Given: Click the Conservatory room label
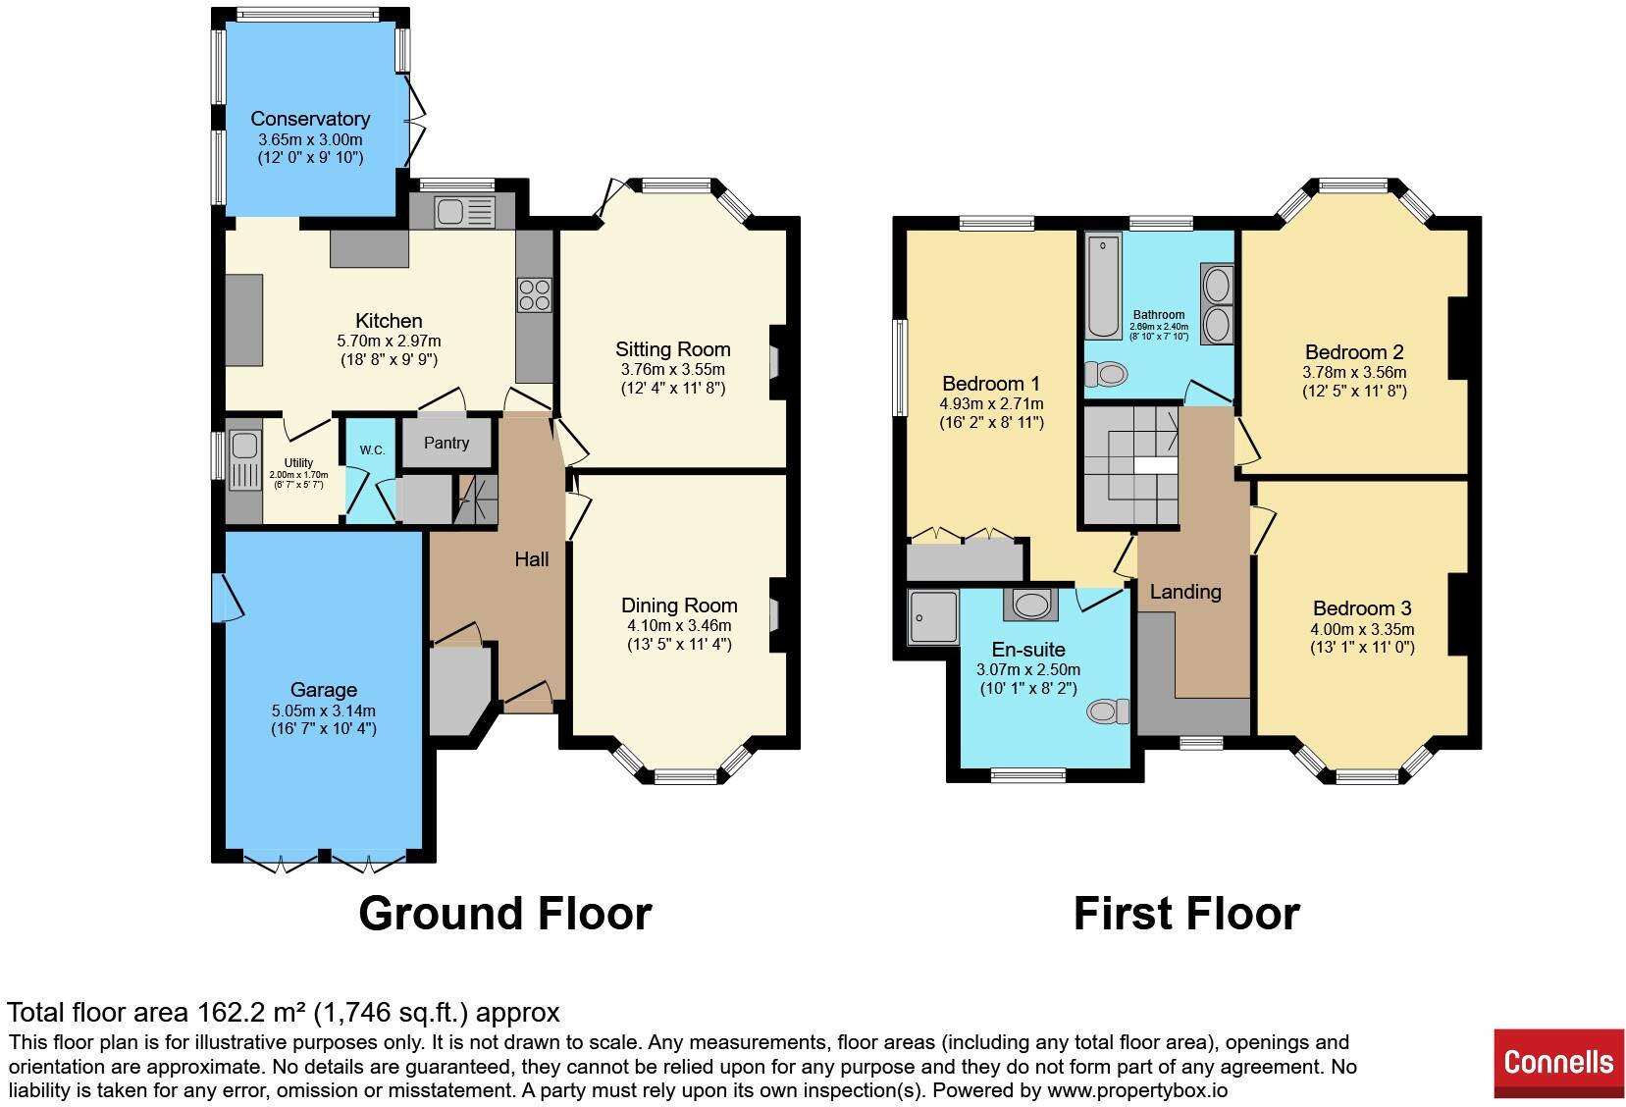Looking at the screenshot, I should tap(309, 119).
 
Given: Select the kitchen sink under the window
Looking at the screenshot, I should tap(452, 211).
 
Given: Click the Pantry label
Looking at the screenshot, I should tap(446, 443).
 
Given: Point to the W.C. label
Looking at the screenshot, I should tap(371, 450).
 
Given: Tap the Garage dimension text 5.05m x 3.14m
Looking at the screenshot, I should tap(323, 711).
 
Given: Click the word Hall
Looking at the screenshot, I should tap(532, 559).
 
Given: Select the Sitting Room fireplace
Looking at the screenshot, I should tap(775, 363).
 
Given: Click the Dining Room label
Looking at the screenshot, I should tap(679, 606).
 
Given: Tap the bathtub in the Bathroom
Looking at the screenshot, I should tap(1102, 285).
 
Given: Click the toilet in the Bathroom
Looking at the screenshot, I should tap(1106, 373).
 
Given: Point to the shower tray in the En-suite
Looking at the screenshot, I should tap(932, 616).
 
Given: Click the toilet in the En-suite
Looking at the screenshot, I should tap(1103, 710).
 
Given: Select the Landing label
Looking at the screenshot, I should tap(1185, 592).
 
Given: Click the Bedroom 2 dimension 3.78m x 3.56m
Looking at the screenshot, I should tap(1354, 372).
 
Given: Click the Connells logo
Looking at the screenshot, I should tap(1558, 1062).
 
